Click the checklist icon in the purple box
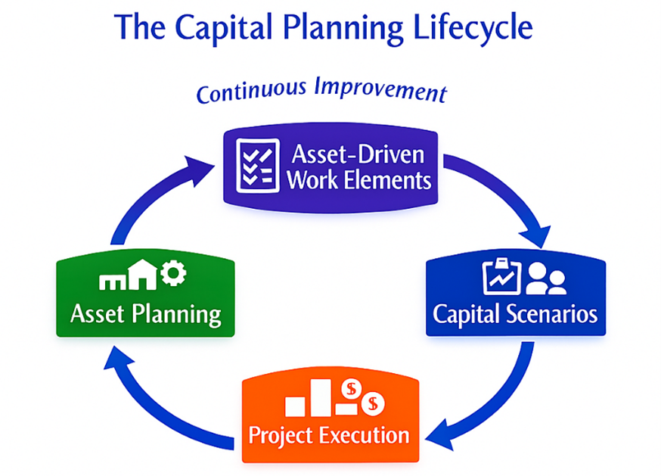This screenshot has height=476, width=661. point(255,163)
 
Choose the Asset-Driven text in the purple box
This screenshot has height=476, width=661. point(358,155)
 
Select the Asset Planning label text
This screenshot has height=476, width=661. point(145,313)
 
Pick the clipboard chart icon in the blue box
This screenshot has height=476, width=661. point(499,277)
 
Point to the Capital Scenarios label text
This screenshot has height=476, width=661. point(515,313)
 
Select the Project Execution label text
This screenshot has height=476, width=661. point(329,435)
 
